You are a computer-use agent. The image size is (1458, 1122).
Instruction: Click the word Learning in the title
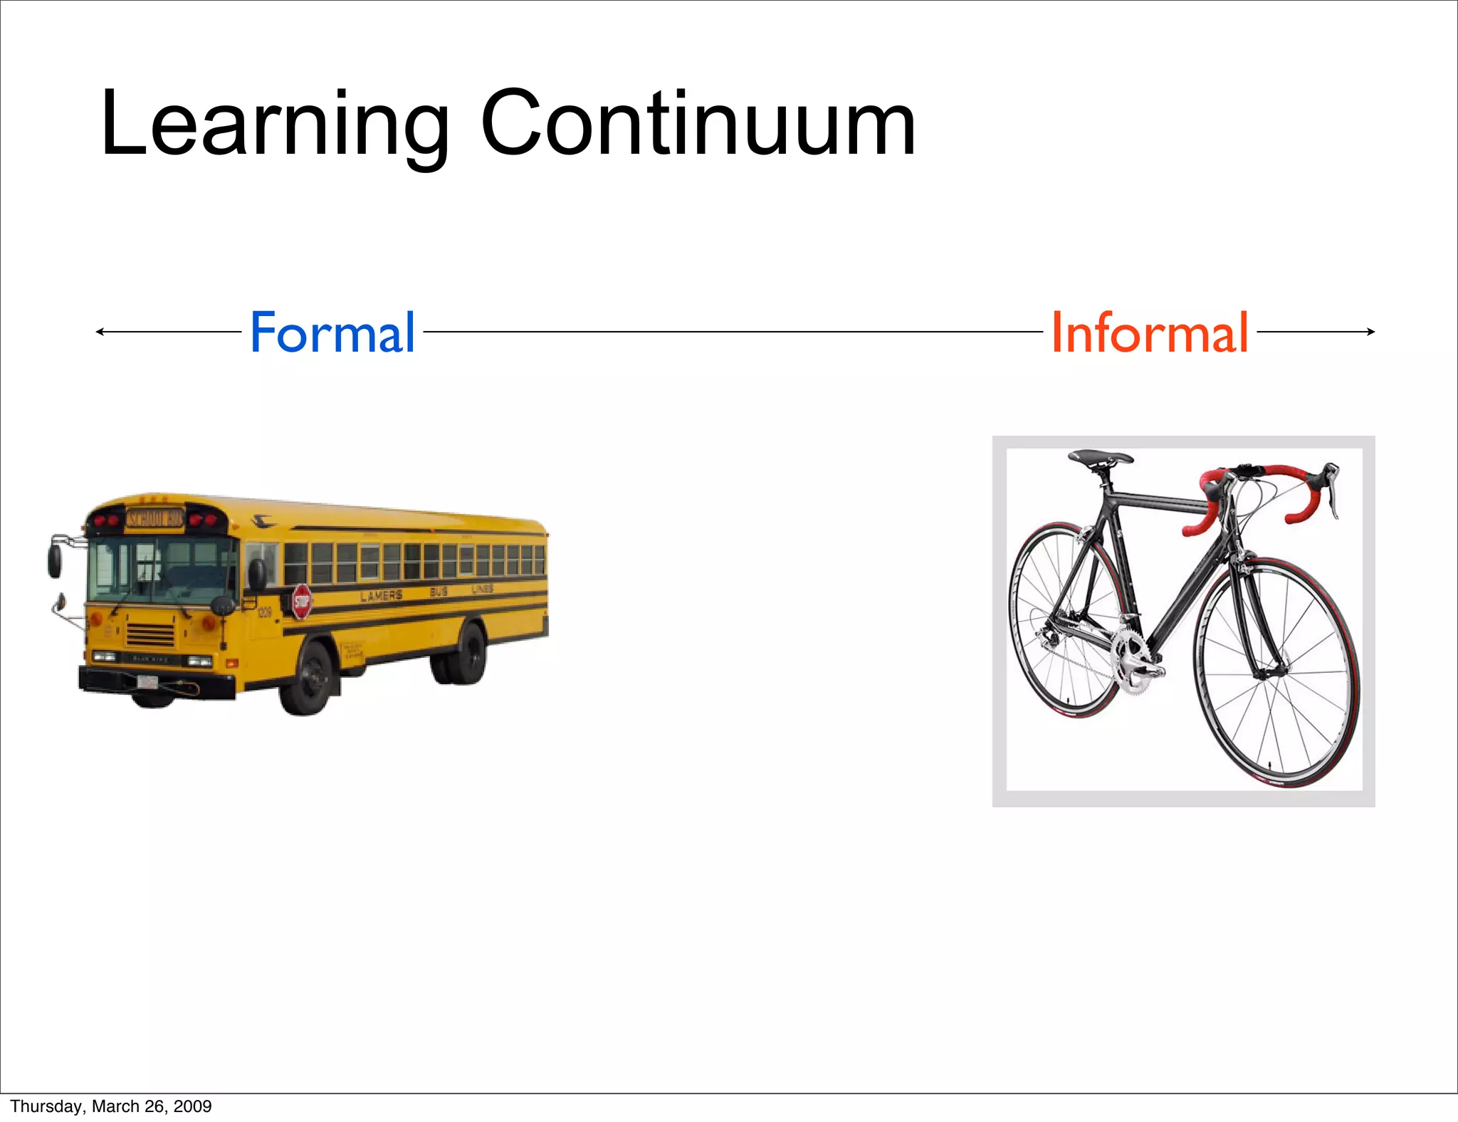(x=275, y=125)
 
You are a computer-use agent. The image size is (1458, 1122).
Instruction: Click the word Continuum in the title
(x=698, y=125)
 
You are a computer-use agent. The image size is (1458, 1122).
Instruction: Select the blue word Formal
(x=332, y=332)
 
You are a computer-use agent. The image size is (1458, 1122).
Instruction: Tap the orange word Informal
(x=1150, y=332)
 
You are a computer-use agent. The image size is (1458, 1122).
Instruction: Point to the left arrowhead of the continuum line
(x=100, y=332)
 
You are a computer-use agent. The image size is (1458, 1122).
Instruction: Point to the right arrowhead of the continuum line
(x=1370, y=332)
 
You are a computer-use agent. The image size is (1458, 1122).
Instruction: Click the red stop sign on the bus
(x=301, y=602)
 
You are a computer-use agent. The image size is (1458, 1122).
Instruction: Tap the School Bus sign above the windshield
(x=155, y=518)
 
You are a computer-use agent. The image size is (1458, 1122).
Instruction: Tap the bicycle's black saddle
(x=1101, y=457)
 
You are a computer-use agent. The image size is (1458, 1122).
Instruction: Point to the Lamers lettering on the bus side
(x=382, y=596)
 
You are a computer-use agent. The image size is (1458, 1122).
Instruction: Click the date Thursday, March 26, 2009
(x=111, y=1106)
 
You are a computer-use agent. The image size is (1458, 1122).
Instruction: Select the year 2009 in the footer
(x=192, y=1106)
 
